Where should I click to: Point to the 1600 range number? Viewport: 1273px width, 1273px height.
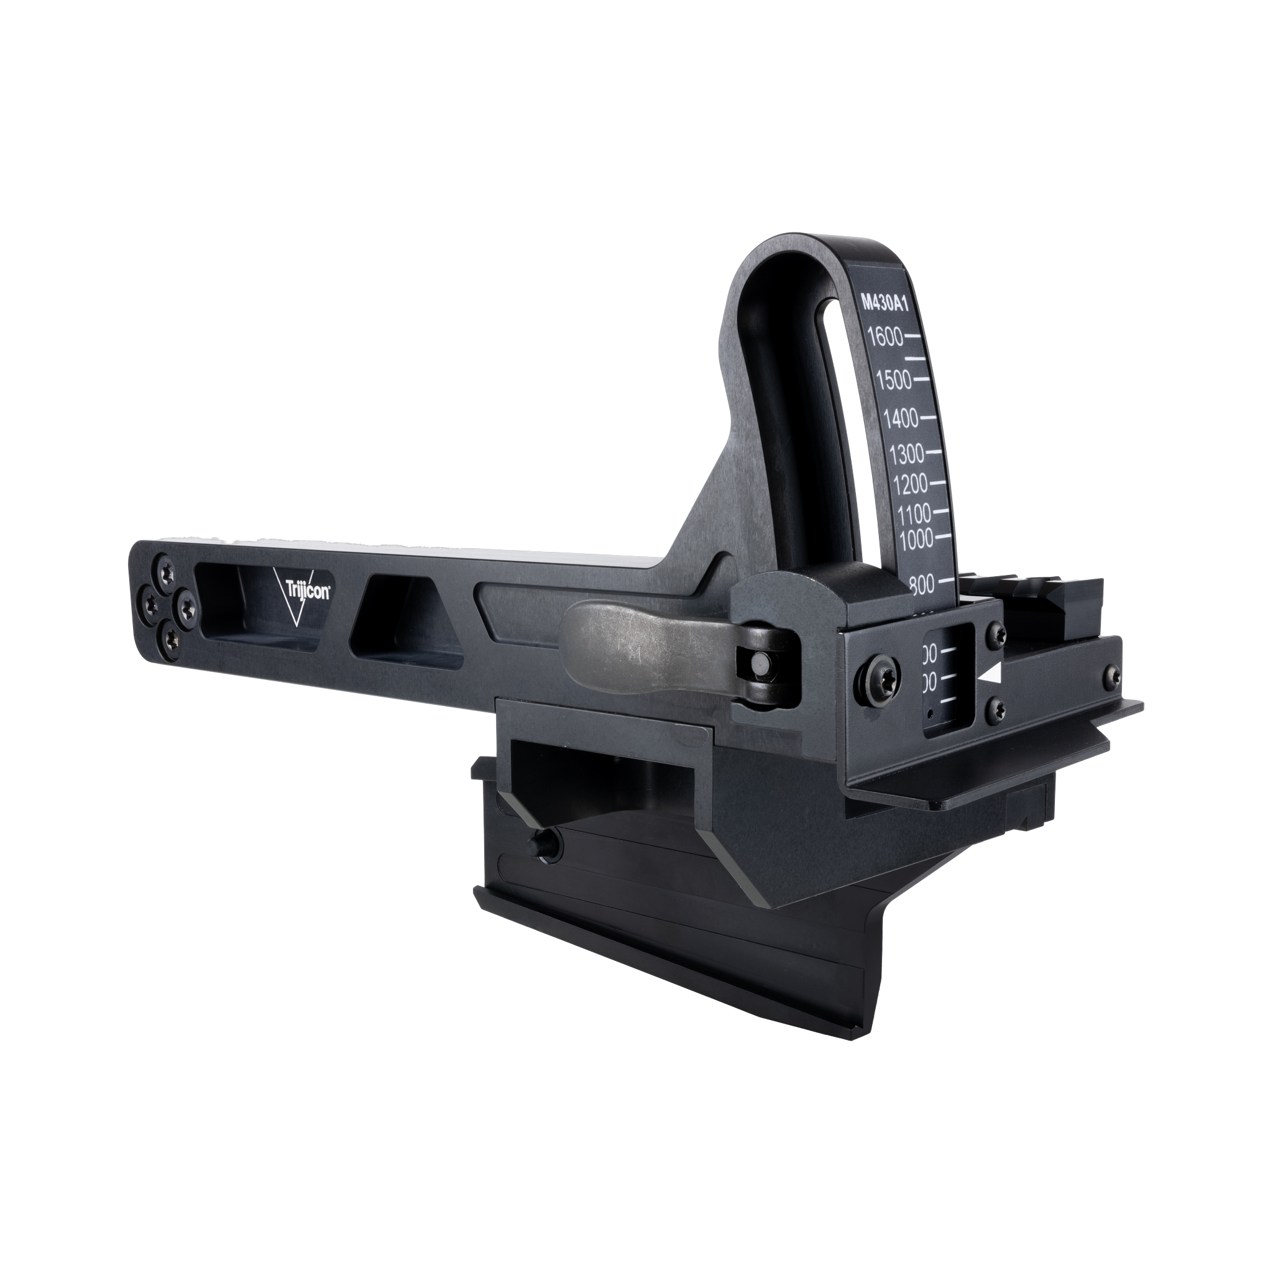pos(885,338)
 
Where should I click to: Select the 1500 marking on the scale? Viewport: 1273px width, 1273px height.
pos(894,380)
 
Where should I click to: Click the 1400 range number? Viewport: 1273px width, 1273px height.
pos(901,418)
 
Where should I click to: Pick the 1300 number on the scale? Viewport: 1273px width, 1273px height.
pos(907,454)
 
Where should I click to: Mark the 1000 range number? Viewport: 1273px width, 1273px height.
pos(916,538)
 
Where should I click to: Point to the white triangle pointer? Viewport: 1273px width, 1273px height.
pos(991,674)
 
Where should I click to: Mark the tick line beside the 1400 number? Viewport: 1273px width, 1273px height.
pos(928,418)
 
